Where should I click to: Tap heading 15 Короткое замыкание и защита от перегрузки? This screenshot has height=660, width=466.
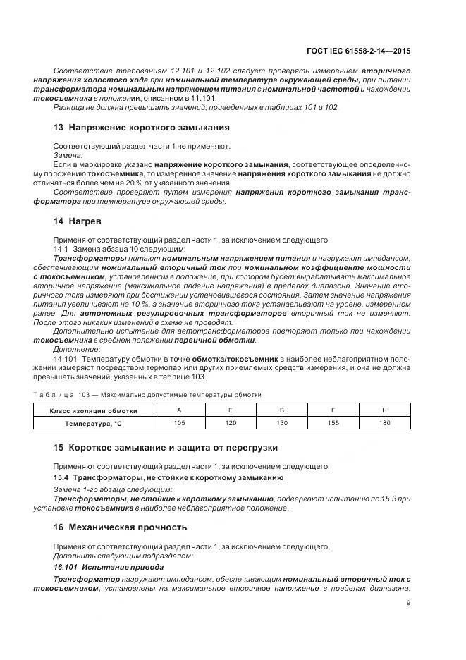(x=166, y=447)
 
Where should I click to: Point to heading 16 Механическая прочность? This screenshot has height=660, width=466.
(x=120, y=526)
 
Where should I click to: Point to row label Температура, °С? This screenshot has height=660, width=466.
(x=94, y=423)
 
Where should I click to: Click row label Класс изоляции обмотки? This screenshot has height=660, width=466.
(x=94, y=410)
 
